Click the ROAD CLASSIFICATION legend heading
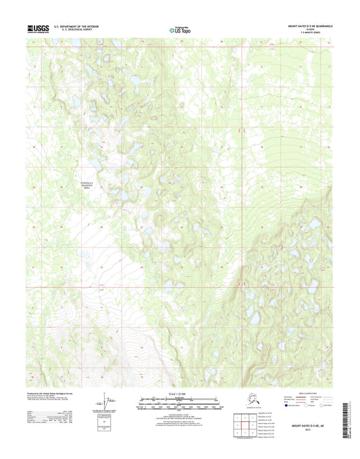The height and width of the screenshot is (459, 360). [310, 392]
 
